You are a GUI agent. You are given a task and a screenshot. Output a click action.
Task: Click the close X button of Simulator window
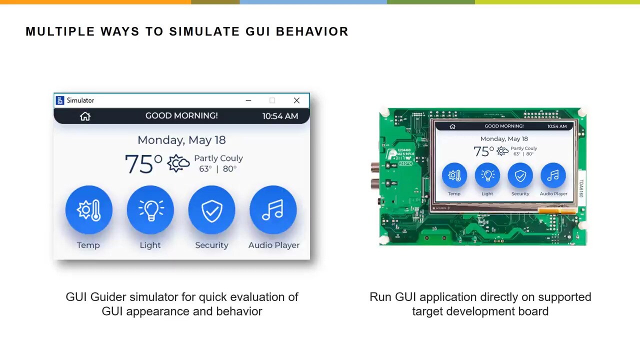[x=296, y=100]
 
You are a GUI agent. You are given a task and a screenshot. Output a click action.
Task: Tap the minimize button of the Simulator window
[x=248, y=100]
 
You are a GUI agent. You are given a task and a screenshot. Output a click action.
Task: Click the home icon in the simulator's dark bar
[x=85, y=116]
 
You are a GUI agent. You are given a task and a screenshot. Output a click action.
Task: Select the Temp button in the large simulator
[x=88, y=210]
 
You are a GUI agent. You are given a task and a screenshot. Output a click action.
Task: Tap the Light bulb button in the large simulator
[x=150, y=210]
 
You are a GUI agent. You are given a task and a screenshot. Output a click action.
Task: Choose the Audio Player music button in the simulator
[x=273, y=210]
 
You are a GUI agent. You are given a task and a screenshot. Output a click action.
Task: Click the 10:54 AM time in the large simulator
[x=280, y=116]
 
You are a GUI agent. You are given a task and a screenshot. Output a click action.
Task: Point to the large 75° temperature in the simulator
[x=143, y=164]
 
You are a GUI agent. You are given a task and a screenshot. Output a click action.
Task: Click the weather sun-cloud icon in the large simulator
[x=178, y=163]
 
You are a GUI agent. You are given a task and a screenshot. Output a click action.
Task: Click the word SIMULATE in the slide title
[x=205, y=31]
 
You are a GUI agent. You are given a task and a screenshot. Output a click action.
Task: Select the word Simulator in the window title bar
[x=80, y=100]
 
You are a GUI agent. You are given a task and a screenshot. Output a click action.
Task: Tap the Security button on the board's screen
[x=520, y=175]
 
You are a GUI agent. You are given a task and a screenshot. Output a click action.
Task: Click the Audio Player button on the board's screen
[x=553, y=175]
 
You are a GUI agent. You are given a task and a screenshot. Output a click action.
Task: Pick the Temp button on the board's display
[x=454, y=175]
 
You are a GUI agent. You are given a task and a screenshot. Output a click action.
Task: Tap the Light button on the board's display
[x=487, y=175]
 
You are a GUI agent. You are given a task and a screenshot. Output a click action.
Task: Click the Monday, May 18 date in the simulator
[x=181, y=140]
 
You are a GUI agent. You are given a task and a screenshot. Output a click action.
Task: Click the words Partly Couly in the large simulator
[x=218, y=158]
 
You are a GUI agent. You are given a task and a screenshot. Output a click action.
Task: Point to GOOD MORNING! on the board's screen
[x=504, y=126]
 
